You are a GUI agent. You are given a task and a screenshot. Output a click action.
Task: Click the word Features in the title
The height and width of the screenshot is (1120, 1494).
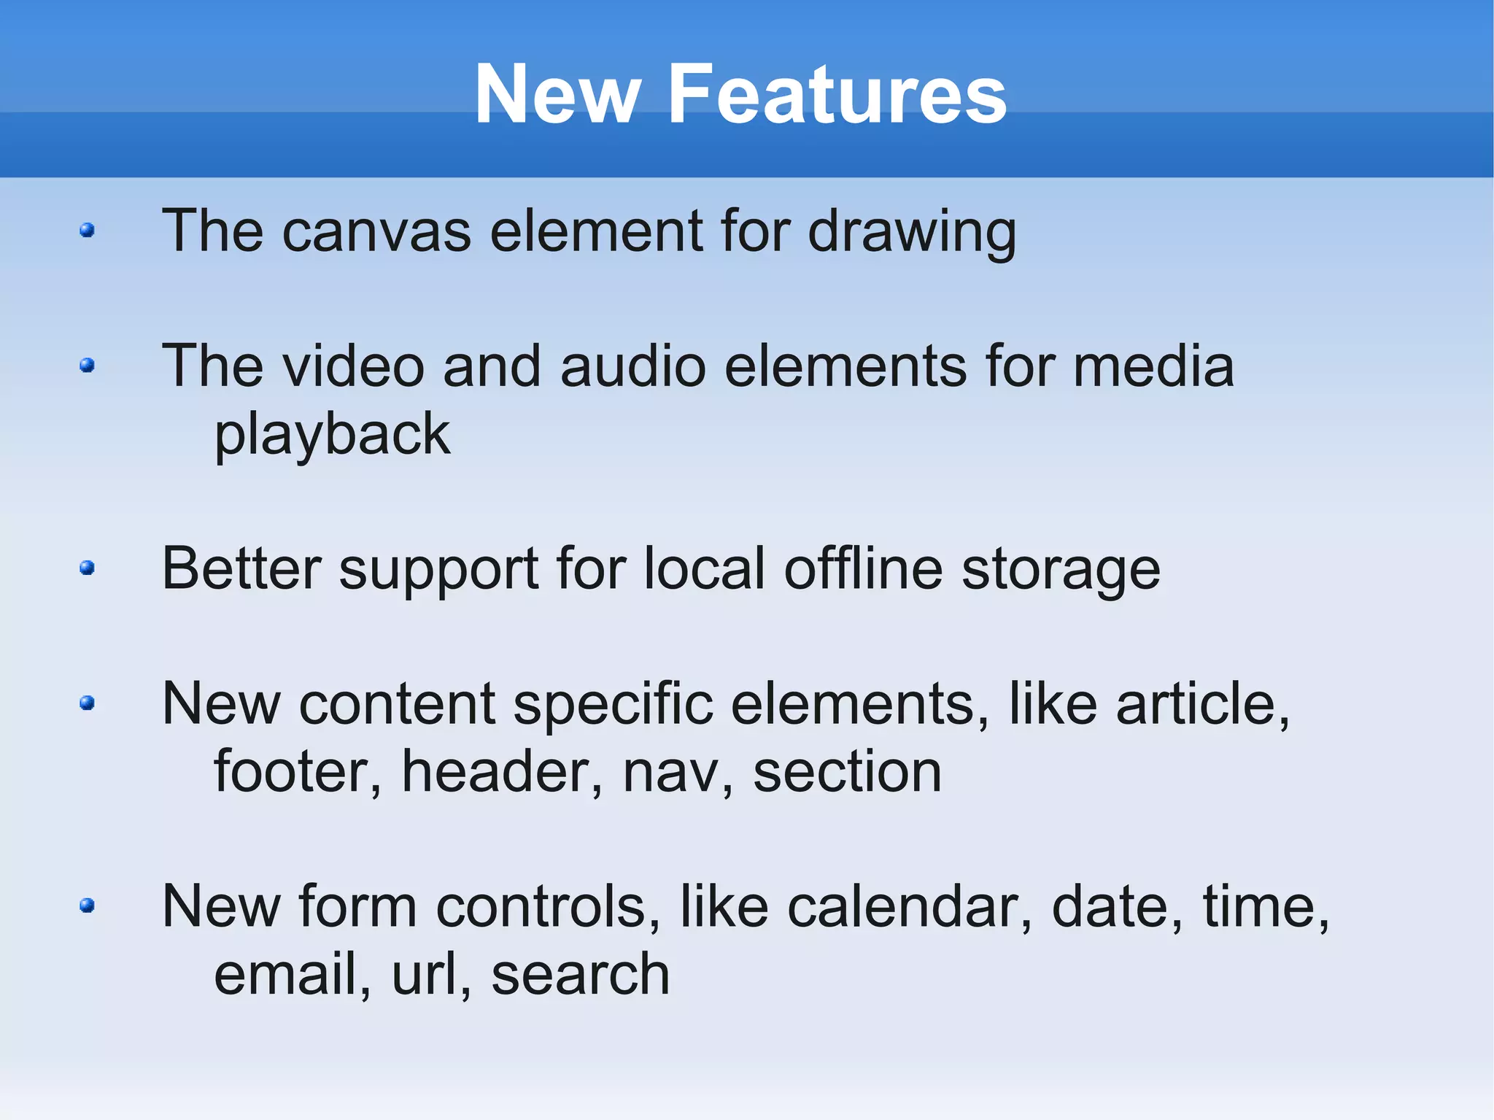[837, 94]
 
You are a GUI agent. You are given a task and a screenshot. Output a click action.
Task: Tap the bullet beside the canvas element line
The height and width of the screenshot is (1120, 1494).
[88, 231]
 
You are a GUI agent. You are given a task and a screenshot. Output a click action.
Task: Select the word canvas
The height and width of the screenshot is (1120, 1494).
[376, 231]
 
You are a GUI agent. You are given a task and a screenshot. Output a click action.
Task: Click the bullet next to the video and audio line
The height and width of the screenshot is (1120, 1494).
[88, 365]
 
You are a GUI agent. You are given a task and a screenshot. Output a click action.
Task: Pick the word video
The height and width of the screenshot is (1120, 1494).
[354, 366]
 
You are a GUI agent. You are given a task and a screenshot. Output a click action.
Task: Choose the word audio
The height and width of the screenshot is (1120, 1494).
[633, 366]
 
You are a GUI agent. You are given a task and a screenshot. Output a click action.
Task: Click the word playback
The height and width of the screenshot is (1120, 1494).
[333, 435]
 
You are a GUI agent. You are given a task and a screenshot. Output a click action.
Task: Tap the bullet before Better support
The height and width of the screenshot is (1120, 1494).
[88, 568]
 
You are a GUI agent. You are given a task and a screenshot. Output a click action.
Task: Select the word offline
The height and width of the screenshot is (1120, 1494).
[863, 568]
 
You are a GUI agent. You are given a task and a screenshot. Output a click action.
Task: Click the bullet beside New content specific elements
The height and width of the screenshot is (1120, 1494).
[88, 703]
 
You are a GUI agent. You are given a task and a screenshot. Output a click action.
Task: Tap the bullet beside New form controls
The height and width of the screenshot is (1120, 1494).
[88, 905]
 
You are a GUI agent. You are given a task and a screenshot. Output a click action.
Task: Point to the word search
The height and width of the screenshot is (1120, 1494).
[581, 975]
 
